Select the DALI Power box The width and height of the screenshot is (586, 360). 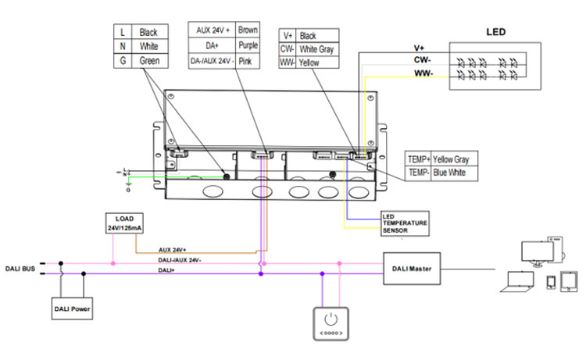(x=72, y=309)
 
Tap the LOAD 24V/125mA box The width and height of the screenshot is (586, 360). (x=124, y=223)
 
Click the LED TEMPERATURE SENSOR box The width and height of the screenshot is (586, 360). (x=405, y=223)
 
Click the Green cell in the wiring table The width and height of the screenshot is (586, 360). (x=148, y=60)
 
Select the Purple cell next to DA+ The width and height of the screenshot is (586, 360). (x=248, y=45)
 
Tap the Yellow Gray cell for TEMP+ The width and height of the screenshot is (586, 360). (x=454, y=158)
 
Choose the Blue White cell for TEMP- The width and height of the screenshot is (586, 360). (x=452, y=173)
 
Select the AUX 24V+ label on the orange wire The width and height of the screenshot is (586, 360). (x=173, y=249)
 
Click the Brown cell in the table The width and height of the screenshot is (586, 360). (x=248, y=30)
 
